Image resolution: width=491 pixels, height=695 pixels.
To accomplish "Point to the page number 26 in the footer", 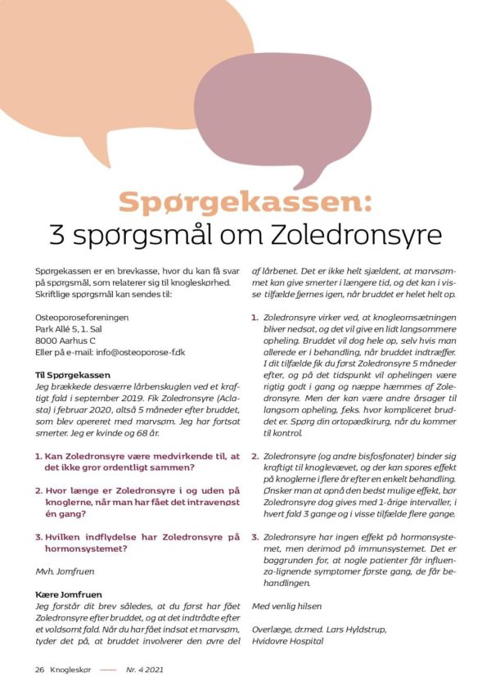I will pyautogui.click(x=39, y=669).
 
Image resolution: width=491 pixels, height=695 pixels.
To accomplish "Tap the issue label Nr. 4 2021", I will pyautogui.click(x=146, y=669).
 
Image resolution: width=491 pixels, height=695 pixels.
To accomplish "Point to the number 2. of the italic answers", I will pyautogui.click(x=255, y=457).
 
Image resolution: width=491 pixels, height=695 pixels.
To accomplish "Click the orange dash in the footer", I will pyautogui.click(x=109, y=669).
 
